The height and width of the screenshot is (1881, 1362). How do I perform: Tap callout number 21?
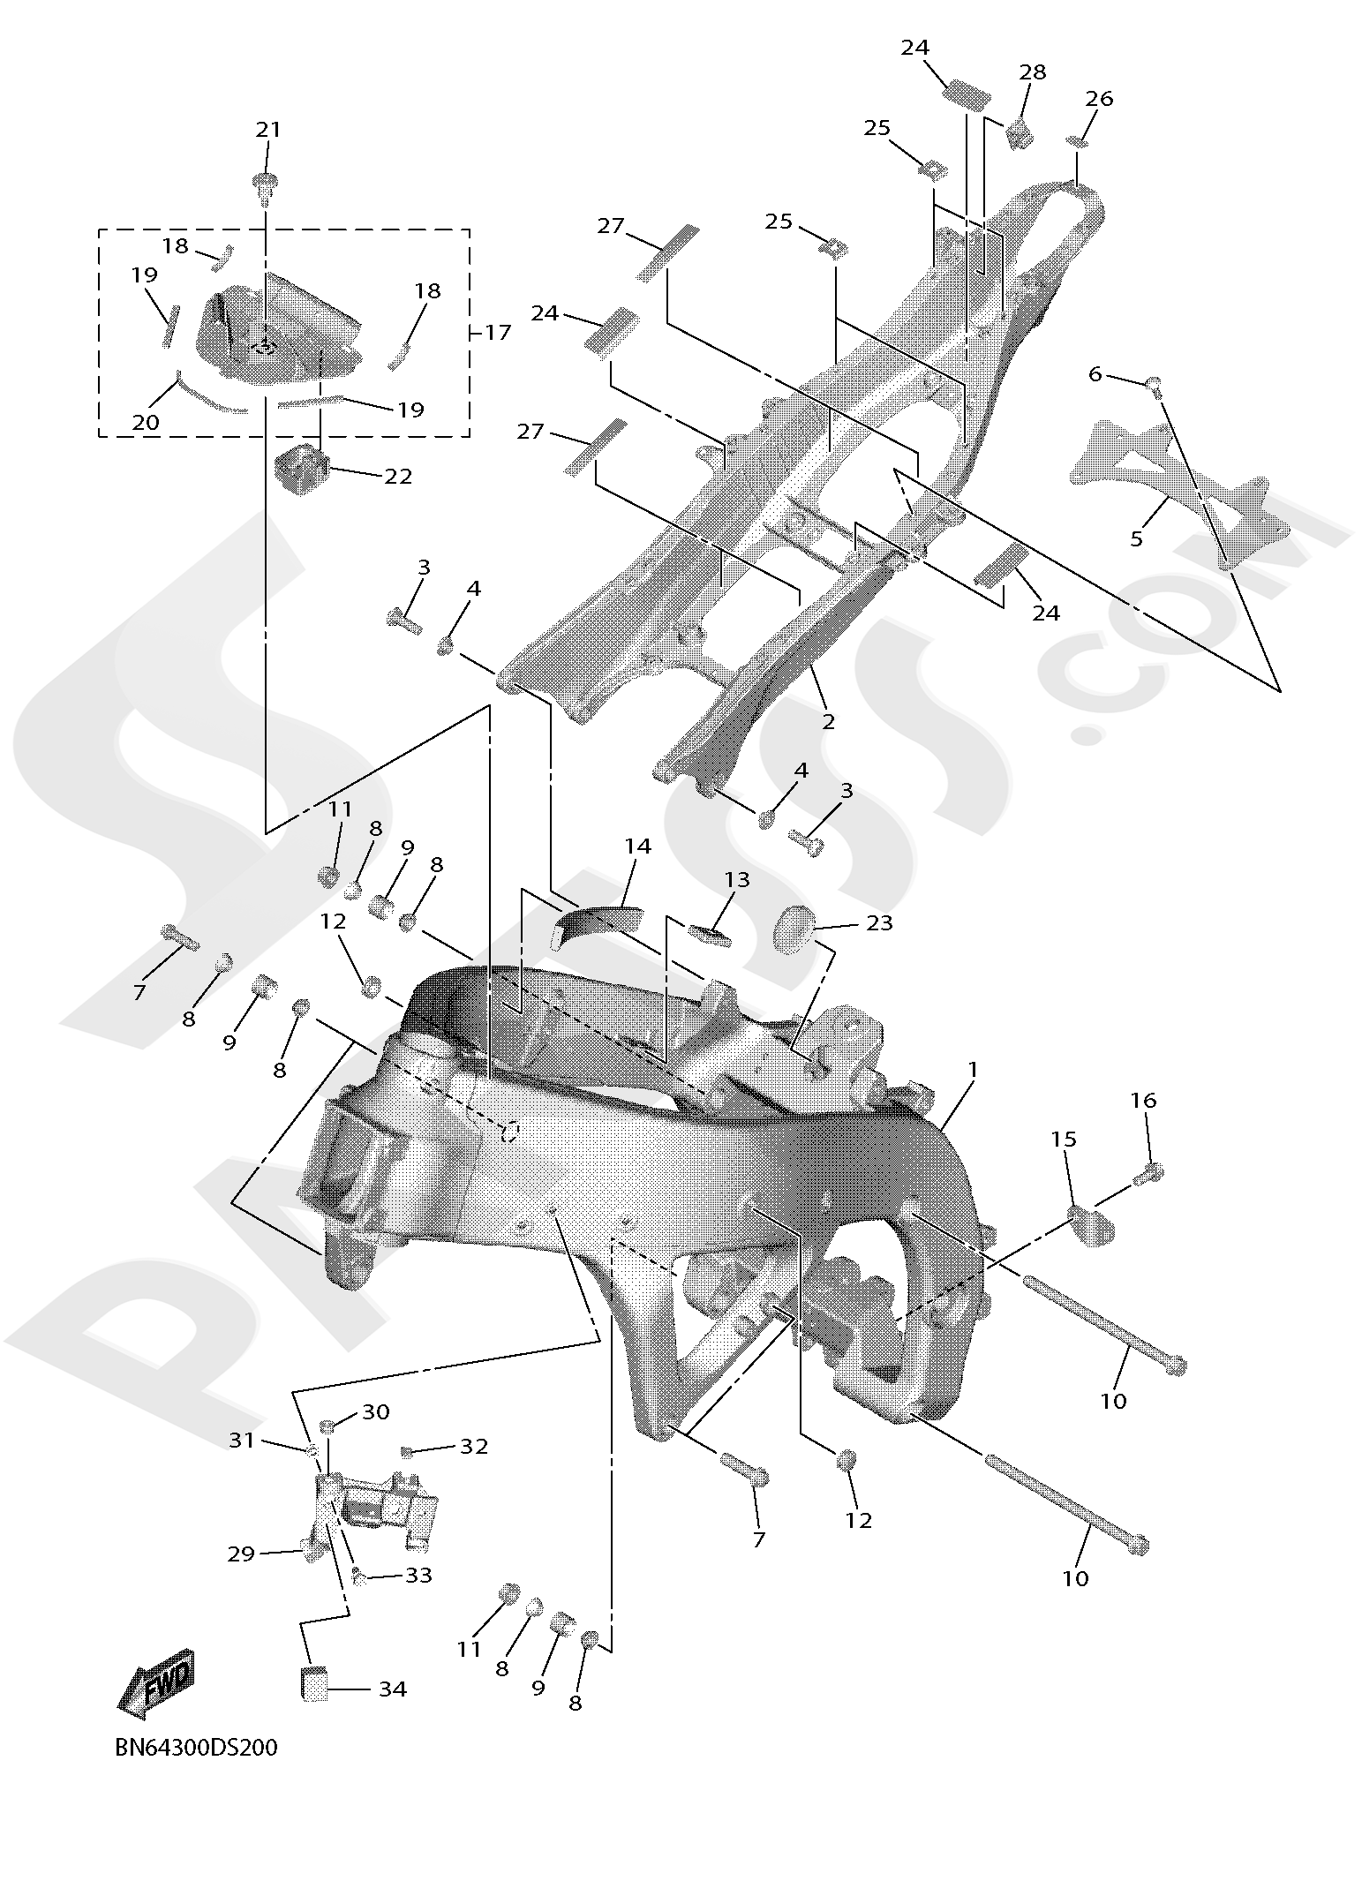(x=268, y=130)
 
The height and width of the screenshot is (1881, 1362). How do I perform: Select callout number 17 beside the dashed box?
(x=498, y=332)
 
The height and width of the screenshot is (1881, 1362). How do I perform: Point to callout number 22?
(x=398, y=476)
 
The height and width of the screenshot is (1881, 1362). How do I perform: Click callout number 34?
(x=393, y=1689)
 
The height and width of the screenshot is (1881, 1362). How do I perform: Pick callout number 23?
(x=880, y=922)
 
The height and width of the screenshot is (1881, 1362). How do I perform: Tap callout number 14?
(x=637, y=846)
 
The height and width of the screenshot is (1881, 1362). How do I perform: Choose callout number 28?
(x=1032, y=72)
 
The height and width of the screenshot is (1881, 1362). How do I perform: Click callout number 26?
(x=1100, y=98)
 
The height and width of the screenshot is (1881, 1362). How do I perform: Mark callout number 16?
(x=1144, y=1100)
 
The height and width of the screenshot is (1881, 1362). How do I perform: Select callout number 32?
(x=474, y=1446)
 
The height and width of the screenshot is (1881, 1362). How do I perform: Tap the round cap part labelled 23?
(x=794, y=929)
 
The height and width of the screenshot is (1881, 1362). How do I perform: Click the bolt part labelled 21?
(x=265, y=188)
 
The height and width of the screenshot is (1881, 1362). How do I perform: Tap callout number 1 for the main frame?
(x=973, y=1070)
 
